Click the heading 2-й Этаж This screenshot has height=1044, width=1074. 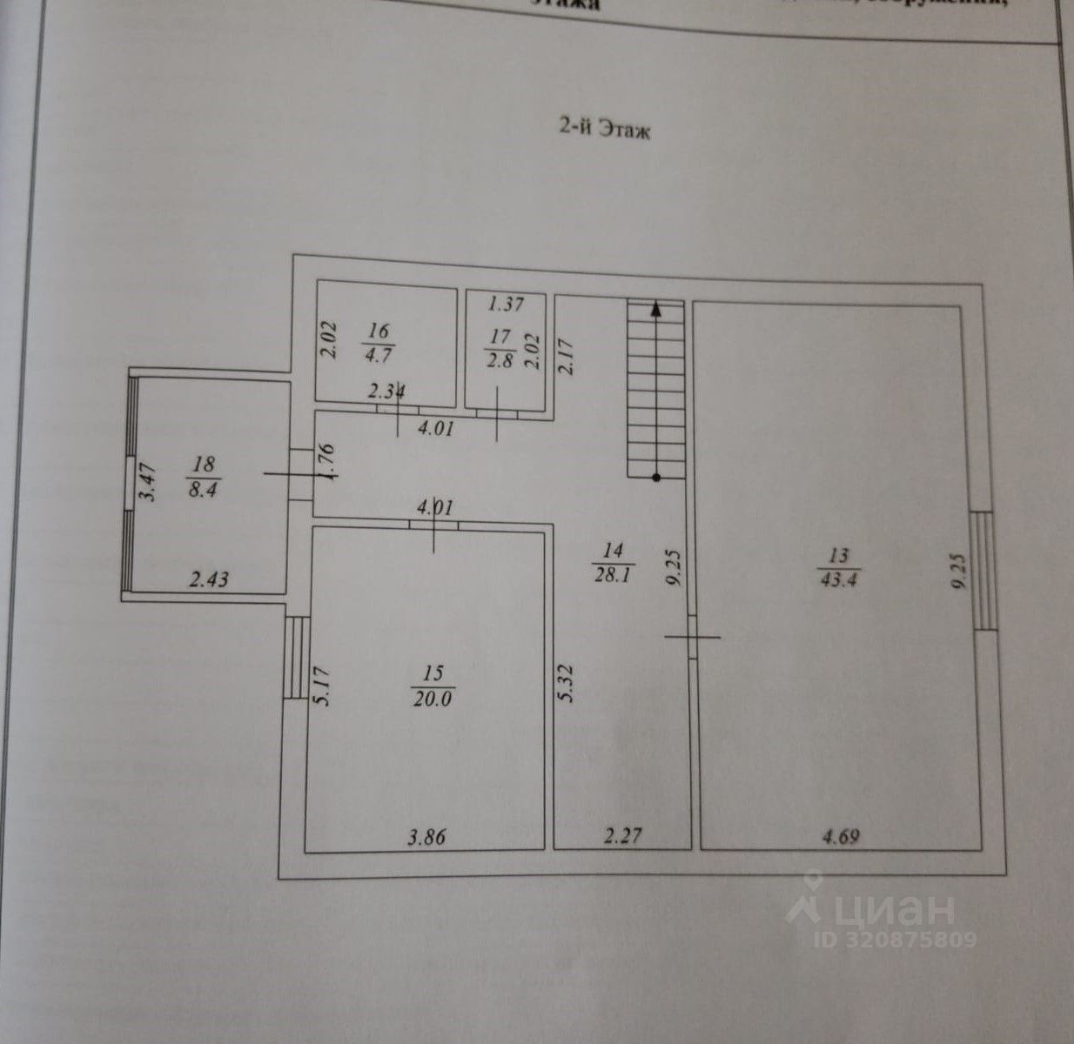604,130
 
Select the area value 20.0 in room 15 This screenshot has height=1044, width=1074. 433,699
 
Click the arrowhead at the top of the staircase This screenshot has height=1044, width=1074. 655,306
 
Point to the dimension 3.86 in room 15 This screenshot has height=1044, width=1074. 428,838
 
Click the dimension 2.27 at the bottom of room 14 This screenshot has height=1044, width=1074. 623,838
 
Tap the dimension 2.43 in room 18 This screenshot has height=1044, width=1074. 209,578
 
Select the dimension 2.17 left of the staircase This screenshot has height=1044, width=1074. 567,356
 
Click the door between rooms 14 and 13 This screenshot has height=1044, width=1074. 692,637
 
